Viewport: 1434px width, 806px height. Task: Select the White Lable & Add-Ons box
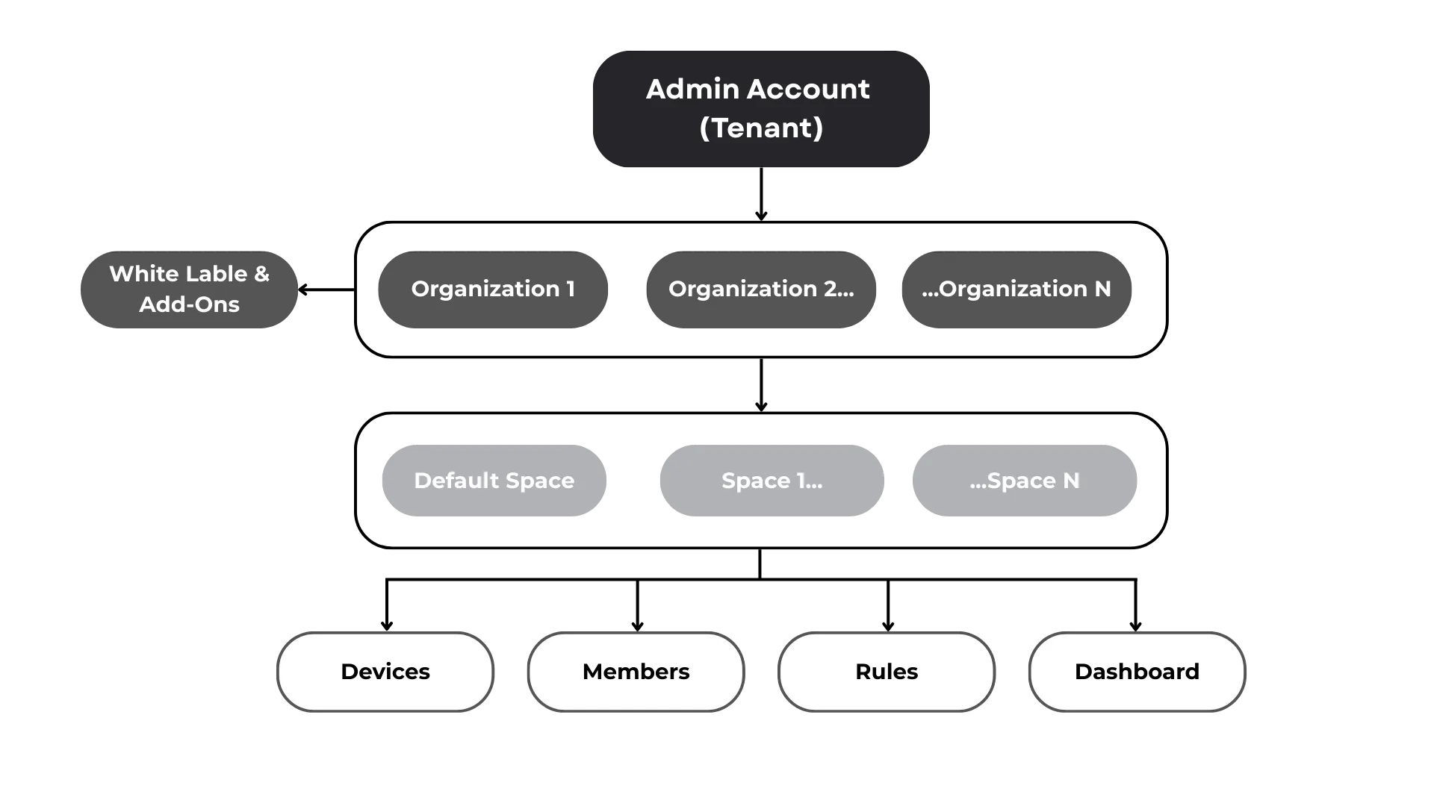click(188, 289)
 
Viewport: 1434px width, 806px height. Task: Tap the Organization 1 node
click(493, 289)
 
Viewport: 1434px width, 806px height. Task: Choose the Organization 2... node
click(761, 289)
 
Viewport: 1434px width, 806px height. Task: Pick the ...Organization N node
click(1016, 289)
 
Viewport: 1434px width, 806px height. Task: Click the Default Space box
click(493, 481)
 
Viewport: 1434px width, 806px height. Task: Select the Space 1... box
click(772, 481)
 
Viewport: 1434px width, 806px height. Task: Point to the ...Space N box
click(1024, 481)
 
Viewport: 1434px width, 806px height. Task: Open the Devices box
click(385, 672)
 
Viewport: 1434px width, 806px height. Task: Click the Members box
click(636, 672)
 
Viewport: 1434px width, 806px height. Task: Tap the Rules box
click(887, 672)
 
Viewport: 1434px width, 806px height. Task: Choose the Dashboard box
click(1137, 672)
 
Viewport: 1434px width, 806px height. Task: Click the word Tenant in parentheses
click(761, 128)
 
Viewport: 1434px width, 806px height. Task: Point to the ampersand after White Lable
click(261, 274)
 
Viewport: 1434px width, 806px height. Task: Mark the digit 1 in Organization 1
click(571, 289)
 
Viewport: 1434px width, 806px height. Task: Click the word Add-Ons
click(189, 304)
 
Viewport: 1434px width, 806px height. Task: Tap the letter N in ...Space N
click(1071, 481)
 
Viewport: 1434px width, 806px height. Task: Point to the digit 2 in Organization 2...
click(830, 289)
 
